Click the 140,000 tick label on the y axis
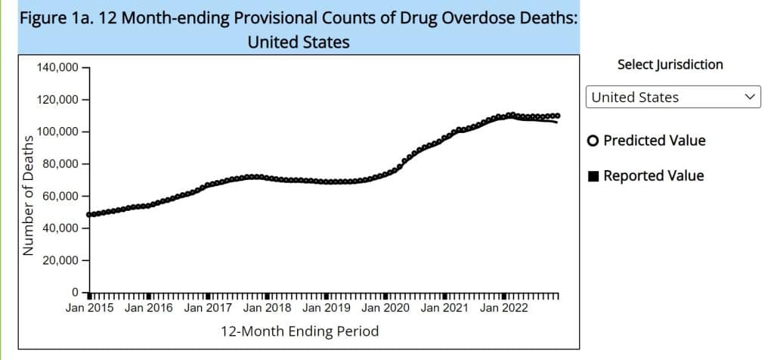coord(57,67)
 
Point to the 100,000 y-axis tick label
coord(57,132)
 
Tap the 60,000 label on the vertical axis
coord(60,196)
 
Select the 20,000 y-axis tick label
coord(60,260)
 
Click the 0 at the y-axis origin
coord(75,292)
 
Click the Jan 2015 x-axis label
coord(89,308)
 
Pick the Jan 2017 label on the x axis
coord(208,308)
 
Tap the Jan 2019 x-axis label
coord(327,308)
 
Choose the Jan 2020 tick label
coord(385,308)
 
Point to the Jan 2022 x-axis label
coord(504,308)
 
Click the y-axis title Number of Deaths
coord(29,194)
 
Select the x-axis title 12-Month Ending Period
coord(299,331)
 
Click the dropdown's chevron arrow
coord(750,97)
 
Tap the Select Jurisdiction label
coord(670,64)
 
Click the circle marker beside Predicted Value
coord(593,141)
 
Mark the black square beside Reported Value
coord(593,176)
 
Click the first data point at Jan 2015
coord(90,215)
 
